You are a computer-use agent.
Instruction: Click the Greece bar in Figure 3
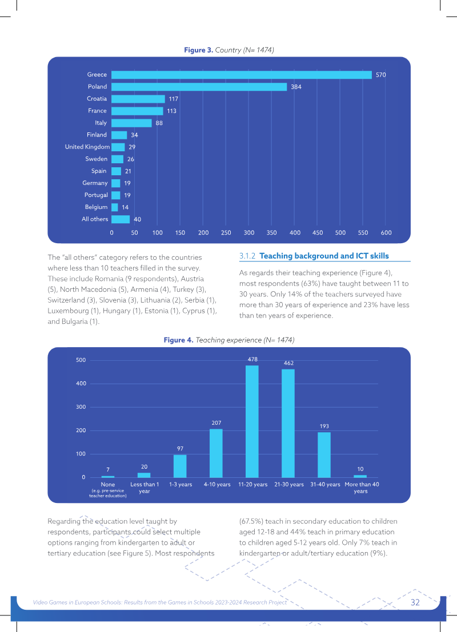pos(242,75)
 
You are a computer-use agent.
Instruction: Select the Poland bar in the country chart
pos(199,87)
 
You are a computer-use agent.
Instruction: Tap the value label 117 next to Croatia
pos(174,99)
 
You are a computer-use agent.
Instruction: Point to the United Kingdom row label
pos(87,147)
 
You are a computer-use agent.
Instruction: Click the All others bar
pos(121,219)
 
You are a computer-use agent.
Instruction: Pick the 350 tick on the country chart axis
pos(272,232)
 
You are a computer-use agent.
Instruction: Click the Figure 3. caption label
pos(198,50)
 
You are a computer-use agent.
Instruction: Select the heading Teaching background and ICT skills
pos(324,256)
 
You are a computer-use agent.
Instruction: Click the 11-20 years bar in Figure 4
pos(252,421)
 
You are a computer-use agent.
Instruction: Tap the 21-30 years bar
pos(288,423)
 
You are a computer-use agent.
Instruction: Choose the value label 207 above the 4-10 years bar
pos(216,423)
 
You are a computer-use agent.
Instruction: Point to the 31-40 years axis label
pos(325,485)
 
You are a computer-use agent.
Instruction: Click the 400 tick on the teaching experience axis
pos(81,383)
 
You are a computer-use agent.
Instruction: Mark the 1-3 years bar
pos(180,466)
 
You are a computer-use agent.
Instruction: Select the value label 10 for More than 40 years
pos(360,469)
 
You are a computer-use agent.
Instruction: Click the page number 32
pos(415,602)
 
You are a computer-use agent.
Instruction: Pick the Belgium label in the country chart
pos(96,207)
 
